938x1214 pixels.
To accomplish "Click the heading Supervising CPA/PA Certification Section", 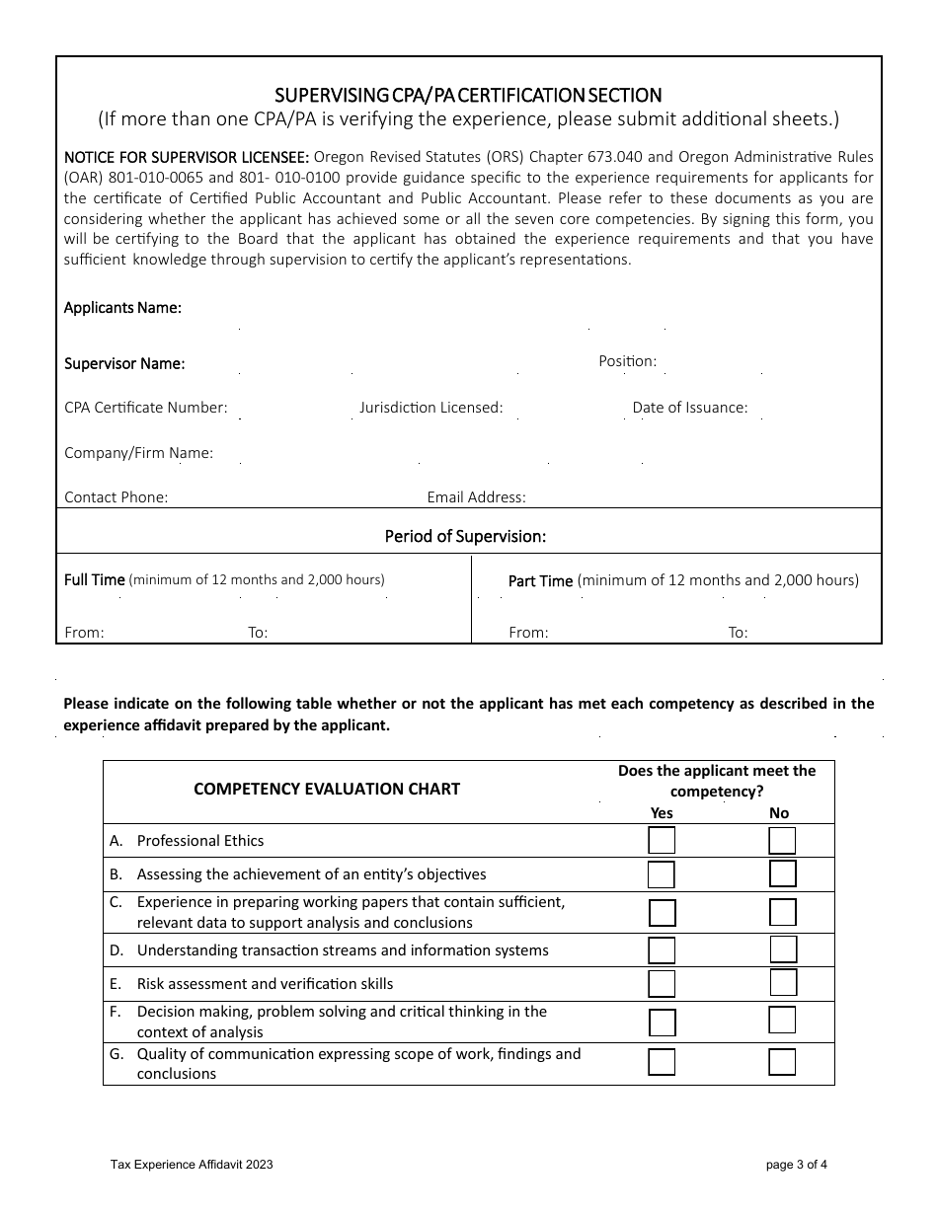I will (x=468, y=95).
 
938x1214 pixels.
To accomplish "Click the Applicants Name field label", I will (x=122, y=308).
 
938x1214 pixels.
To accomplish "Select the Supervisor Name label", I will (x=124, y=363).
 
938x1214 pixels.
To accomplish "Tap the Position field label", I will (x=627, y=361).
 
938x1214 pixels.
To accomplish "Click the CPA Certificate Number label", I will (x=146, y=408).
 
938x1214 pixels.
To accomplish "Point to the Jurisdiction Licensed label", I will (x=430, y=408).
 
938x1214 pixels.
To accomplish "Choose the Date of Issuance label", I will (x=690, y=408).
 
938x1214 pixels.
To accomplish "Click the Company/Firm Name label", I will (x=138, y=453).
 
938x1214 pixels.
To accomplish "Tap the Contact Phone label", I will (x=116, y=497).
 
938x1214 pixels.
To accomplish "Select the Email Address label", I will (x=476, y=497).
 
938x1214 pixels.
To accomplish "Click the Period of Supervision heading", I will (x=465, y=537).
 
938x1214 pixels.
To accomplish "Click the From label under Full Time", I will (x=84, y=633).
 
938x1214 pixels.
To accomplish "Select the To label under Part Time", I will (x=738, y=633).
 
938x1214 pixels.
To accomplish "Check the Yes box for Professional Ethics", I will (x=662, y=841).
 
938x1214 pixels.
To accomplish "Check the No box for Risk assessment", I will (x=783, y=983).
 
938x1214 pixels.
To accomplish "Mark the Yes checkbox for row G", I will (x=662, y=1062).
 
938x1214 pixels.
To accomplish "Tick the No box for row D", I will (x=783, y=949).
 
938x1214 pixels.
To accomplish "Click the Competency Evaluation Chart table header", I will (x=327, y=789).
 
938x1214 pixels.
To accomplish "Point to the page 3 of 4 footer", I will (x=797, y=1165).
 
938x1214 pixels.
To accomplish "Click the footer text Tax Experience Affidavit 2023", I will (x=192, y=1165).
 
